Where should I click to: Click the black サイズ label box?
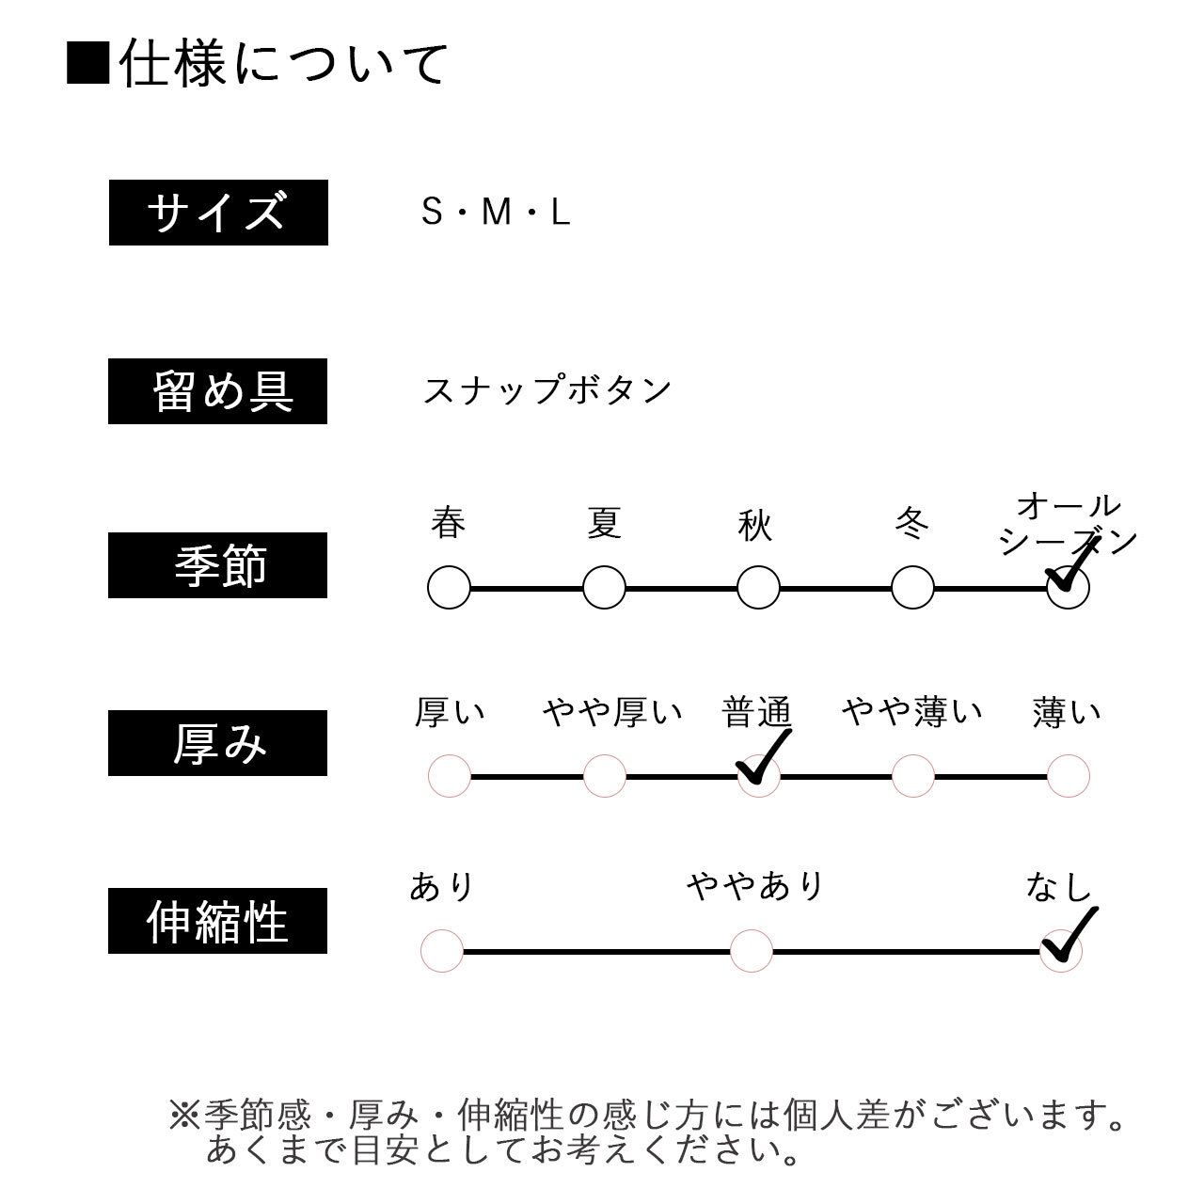point(218,213)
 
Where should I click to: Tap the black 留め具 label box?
point(217,391)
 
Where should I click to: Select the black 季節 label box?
point(217,565)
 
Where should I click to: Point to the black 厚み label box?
point(217,743)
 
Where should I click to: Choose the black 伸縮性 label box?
point(217,921)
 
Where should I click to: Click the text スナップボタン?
point(547,389)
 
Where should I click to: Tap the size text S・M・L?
point(496,212)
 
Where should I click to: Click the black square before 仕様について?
point(88,62)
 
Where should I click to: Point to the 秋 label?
point(754,525)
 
